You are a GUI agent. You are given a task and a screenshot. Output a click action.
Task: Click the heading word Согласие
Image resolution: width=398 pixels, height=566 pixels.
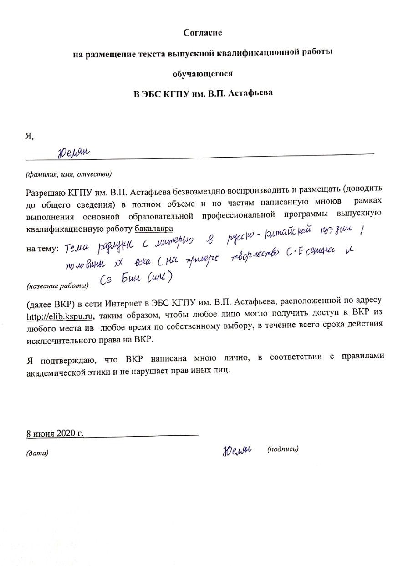point(202,33)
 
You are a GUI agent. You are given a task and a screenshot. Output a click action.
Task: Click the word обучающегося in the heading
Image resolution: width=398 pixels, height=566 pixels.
point(202,74)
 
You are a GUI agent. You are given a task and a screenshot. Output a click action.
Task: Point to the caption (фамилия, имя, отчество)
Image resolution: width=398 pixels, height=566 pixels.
point(69,174)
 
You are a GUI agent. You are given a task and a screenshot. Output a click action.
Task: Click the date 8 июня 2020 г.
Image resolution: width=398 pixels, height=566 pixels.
point(55,433)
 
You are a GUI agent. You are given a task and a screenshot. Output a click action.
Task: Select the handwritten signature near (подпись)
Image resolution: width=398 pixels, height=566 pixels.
point(237,450)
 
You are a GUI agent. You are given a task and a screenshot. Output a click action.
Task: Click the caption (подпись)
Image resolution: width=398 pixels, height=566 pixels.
point(283,449)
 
